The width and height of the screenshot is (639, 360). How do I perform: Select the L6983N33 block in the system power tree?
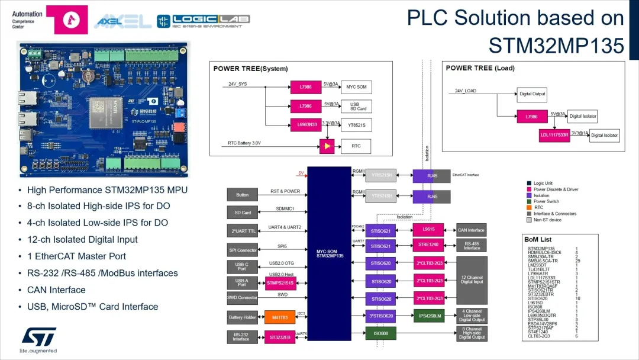[306, 125]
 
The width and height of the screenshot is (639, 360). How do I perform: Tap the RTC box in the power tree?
[356, 146]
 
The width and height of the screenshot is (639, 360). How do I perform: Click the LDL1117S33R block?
[554, 135]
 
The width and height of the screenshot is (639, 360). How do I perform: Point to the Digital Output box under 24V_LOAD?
[532, 94]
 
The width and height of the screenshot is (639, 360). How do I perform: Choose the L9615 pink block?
[428, 229]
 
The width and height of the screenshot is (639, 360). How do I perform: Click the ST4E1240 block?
[428, 244]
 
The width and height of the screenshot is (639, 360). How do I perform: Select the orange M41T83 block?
[280, 317]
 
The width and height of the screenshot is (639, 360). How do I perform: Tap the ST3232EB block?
[280, 337]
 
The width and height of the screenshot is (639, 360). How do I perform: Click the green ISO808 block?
[380, 334]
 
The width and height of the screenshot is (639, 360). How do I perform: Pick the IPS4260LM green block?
[430, 316]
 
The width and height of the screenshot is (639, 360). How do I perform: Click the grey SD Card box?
[243, 212]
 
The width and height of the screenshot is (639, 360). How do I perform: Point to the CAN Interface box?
[471, 230]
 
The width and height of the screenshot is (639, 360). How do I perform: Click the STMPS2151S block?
[280, 283]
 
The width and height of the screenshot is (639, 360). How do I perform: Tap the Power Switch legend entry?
[546, 201]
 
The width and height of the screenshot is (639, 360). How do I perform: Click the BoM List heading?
[538, 239]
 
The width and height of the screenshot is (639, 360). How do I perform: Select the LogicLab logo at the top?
[203, 21]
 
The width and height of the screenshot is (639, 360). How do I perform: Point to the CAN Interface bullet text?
[56, 290]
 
